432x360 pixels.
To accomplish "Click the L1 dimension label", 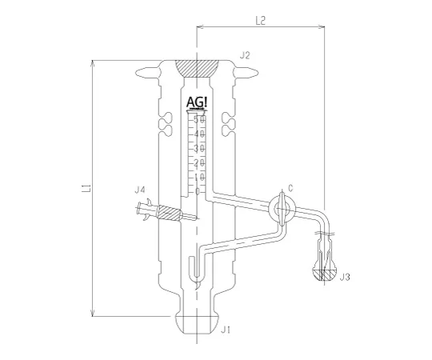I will [x=84, y=190].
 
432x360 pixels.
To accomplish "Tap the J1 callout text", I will [x=226, y=329].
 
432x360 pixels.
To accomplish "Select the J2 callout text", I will [x=245, y=56].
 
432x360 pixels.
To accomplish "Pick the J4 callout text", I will [x=139, y=190].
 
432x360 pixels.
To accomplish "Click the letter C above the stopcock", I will [x=290, y=189].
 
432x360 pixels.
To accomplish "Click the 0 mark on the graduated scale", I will [x=198, y=191].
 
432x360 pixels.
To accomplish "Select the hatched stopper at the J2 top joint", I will [x=196, y=69].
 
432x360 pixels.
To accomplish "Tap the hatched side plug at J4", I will [x=169, y=214].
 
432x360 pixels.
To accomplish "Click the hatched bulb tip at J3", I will [x=324, y=274].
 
